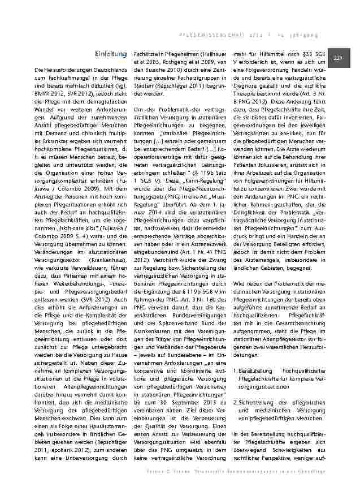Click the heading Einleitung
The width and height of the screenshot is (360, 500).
pyautogui.click(x=111, y=54)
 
